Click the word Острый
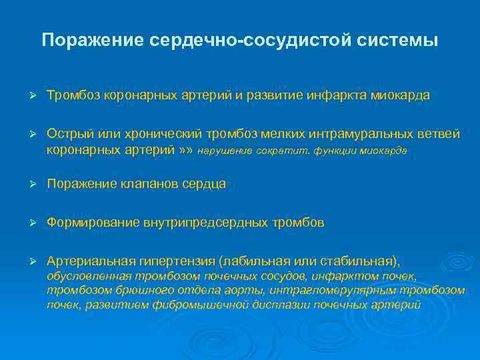(x=69, y=134)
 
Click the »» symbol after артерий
(x=186, y=151)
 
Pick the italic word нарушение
(x=225, y=151)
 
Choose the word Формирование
(x=93, y=223)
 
